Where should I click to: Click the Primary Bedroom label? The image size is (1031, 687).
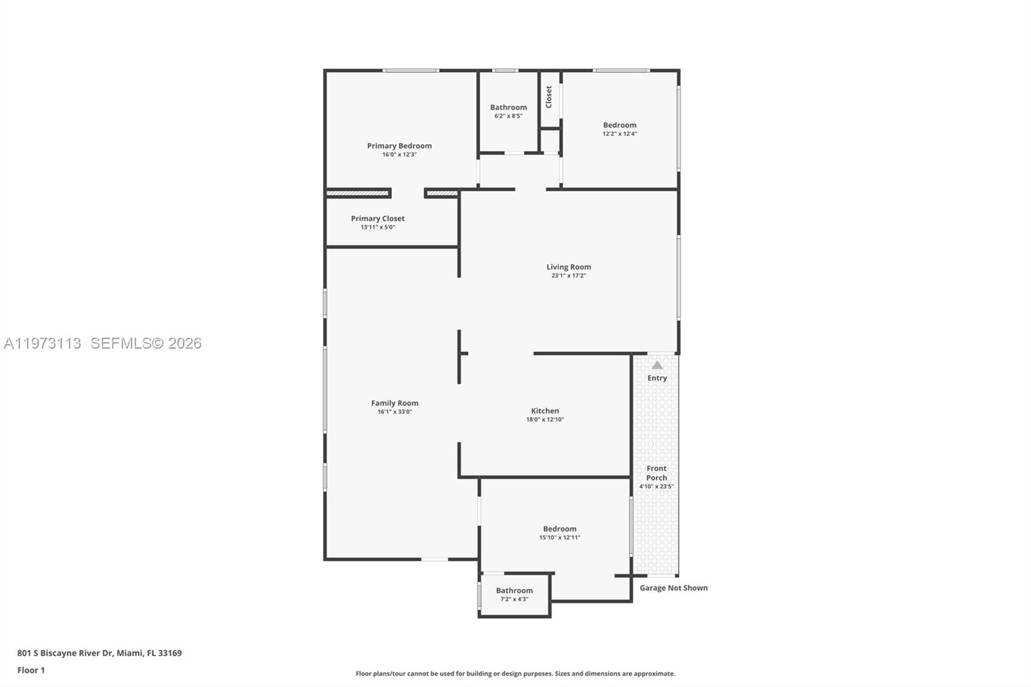(400, 146)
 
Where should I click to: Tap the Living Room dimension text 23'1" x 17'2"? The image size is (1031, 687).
(568, 276)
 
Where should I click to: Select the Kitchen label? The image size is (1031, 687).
(545, 411)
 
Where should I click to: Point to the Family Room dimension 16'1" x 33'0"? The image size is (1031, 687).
(394, 412)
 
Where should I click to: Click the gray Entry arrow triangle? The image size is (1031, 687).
(657, 365)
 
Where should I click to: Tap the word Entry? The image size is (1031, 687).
(657, 378)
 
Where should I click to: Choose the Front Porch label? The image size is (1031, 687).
(657, 473)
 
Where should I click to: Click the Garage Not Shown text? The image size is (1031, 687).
(673, 588)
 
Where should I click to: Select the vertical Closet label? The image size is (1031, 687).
(549, 97)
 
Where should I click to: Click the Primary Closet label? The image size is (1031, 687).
(378, 218)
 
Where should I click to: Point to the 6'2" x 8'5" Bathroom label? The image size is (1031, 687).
(508, 108)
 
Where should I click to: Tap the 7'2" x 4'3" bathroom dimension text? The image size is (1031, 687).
(514, 599)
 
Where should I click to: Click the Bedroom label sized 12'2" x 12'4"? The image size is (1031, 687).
(619, 125)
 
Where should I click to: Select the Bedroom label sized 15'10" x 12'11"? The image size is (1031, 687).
(559, 528)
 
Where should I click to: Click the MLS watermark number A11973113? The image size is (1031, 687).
(43, 343)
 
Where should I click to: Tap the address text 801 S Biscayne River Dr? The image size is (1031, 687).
(65, 653)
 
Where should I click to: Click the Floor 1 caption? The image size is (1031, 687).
(31, 670)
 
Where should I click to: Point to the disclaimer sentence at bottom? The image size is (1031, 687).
(515, 673)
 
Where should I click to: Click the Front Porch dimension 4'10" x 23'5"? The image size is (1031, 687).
(656, 487)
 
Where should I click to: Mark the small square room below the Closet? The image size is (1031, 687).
(550, 140)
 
